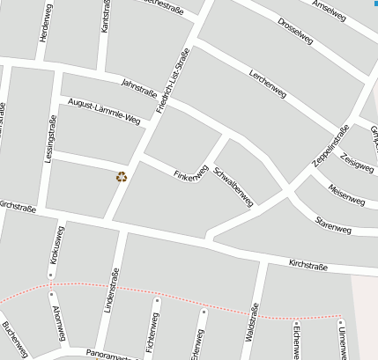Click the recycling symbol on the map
coord(122,176)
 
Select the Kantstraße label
coord(106,18)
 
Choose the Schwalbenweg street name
coord(234,186)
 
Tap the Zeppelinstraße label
coord(330,146)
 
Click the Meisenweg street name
coord(345,194)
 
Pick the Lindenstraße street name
coord(111,293)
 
